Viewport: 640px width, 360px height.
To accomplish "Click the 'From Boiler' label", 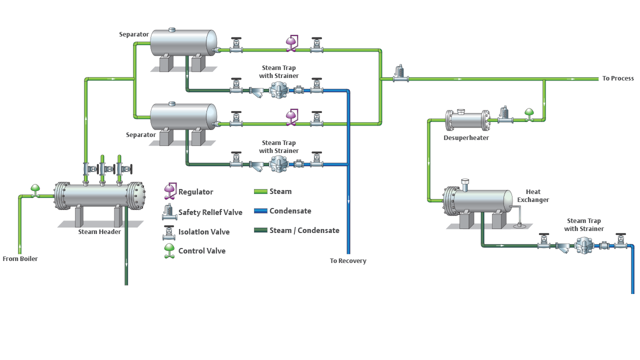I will tap(20, 259).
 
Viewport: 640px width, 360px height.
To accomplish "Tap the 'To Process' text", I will tap(618, 78).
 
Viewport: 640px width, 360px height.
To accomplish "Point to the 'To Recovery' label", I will tap(348, 261).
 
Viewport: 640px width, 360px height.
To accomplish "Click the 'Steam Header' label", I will tap(99, 232).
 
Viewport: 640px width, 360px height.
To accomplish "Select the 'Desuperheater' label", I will tap(466, 138).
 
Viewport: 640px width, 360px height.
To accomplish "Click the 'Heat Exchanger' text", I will tap(533, 196).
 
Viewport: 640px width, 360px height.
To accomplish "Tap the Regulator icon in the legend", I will tap(170, 190).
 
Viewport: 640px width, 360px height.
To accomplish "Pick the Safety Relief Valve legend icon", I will tap(169, 212).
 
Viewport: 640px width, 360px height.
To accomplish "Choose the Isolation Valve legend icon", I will tap(169, 232).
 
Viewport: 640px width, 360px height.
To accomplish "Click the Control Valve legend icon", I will tap(170, 251).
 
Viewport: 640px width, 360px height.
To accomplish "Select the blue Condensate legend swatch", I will tap(260, 211).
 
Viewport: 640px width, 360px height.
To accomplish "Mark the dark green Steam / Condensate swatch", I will tap(260, 230).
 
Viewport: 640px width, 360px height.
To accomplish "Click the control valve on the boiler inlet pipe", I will tap(35, 190).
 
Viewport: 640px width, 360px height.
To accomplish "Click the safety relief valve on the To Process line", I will tap(399, 73).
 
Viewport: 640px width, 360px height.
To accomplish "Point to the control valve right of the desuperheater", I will tap(528, 114).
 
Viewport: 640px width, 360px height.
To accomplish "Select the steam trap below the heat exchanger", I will tap(583, 245).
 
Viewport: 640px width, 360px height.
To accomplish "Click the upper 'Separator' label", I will tap(134, 34).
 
